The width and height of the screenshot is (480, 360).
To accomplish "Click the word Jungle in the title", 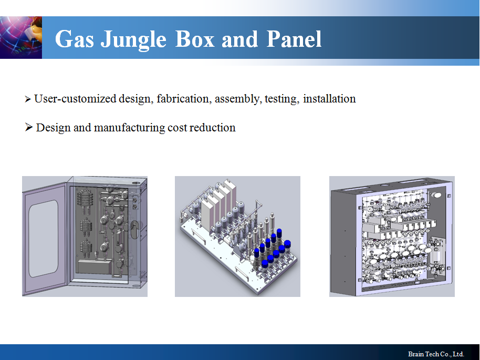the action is point(133,40).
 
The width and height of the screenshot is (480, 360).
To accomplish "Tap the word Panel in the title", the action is point(294,39).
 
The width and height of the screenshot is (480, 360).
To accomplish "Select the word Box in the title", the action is point(195,39).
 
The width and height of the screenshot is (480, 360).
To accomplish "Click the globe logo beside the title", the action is point(21,37).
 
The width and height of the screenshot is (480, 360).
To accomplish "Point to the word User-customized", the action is point(75,99).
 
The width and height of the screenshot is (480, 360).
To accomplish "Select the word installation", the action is point(329,99).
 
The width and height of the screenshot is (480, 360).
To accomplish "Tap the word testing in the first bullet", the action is point(282,99).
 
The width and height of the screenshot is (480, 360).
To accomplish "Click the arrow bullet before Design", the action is point(29,127).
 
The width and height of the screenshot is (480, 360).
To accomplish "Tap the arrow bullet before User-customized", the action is point(28,99).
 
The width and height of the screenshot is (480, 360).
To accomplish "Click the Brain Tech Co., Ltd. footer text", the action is point(436,354).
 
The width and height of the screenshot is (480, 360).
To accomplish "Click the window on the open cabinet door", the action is point(44,239).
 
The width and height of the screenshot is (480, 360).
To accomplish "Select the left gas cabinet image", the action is point(85,236).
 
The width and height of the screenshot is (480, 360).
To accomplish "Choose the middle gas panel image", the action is point(237,236).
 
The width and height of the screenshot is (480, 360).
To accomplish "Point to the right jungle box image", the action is point(392,236).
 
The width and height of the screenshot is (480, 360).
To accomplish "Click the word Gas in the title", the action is point(75,39).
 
